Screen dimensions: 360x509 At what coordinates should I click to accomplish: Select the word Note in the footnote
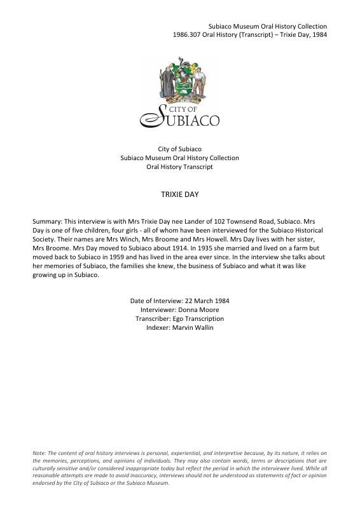39,452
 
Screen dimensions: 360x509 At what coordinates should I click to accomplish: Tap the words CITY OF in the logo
186,110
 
